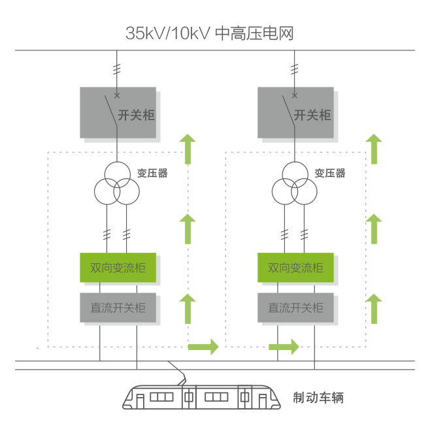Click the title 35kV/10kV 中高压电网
point(209,33)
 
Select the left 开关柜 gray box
point(118,113)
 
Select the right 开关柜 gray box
point(295,113)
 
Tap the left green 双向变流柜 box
point(118,268)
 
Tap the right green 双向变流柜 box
point(295,268)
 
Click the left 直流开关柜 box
point(118,307)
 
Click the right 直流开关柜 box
point(295,307)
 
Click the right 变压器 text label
point(330,173)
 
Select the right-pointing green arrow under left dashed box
point(203,345)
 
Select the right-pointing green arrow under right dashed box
point(284,345)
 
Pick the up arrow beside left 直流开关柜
point(188,308)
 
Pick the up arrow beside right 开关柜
point(373,149)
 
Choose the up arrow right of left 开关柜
point(188,149)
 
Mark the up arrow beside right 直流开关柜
point(373,308)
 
